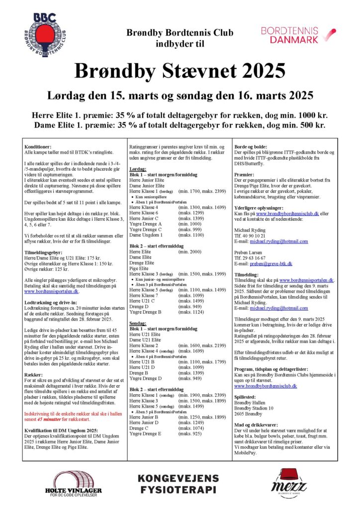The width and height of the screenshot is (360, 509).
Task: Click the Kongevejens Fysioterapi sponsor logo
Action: coord(178,484)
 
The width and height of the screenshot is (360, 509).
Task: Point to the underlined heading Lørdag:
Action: coord(136,169)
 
